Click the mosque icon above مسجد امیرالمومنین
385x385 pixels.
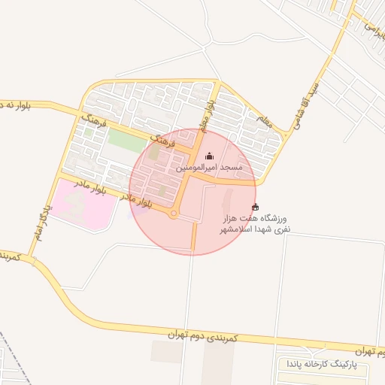coord(209,156)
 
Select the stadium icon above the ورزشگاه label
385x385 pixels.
coord(255,208)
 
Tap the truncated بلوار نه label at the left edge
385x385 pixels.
coord(14,104)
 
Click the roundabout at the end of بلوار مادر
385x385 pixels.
coord(174,215)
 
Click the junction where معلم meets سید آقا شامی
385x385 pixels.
coord(284,135)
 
